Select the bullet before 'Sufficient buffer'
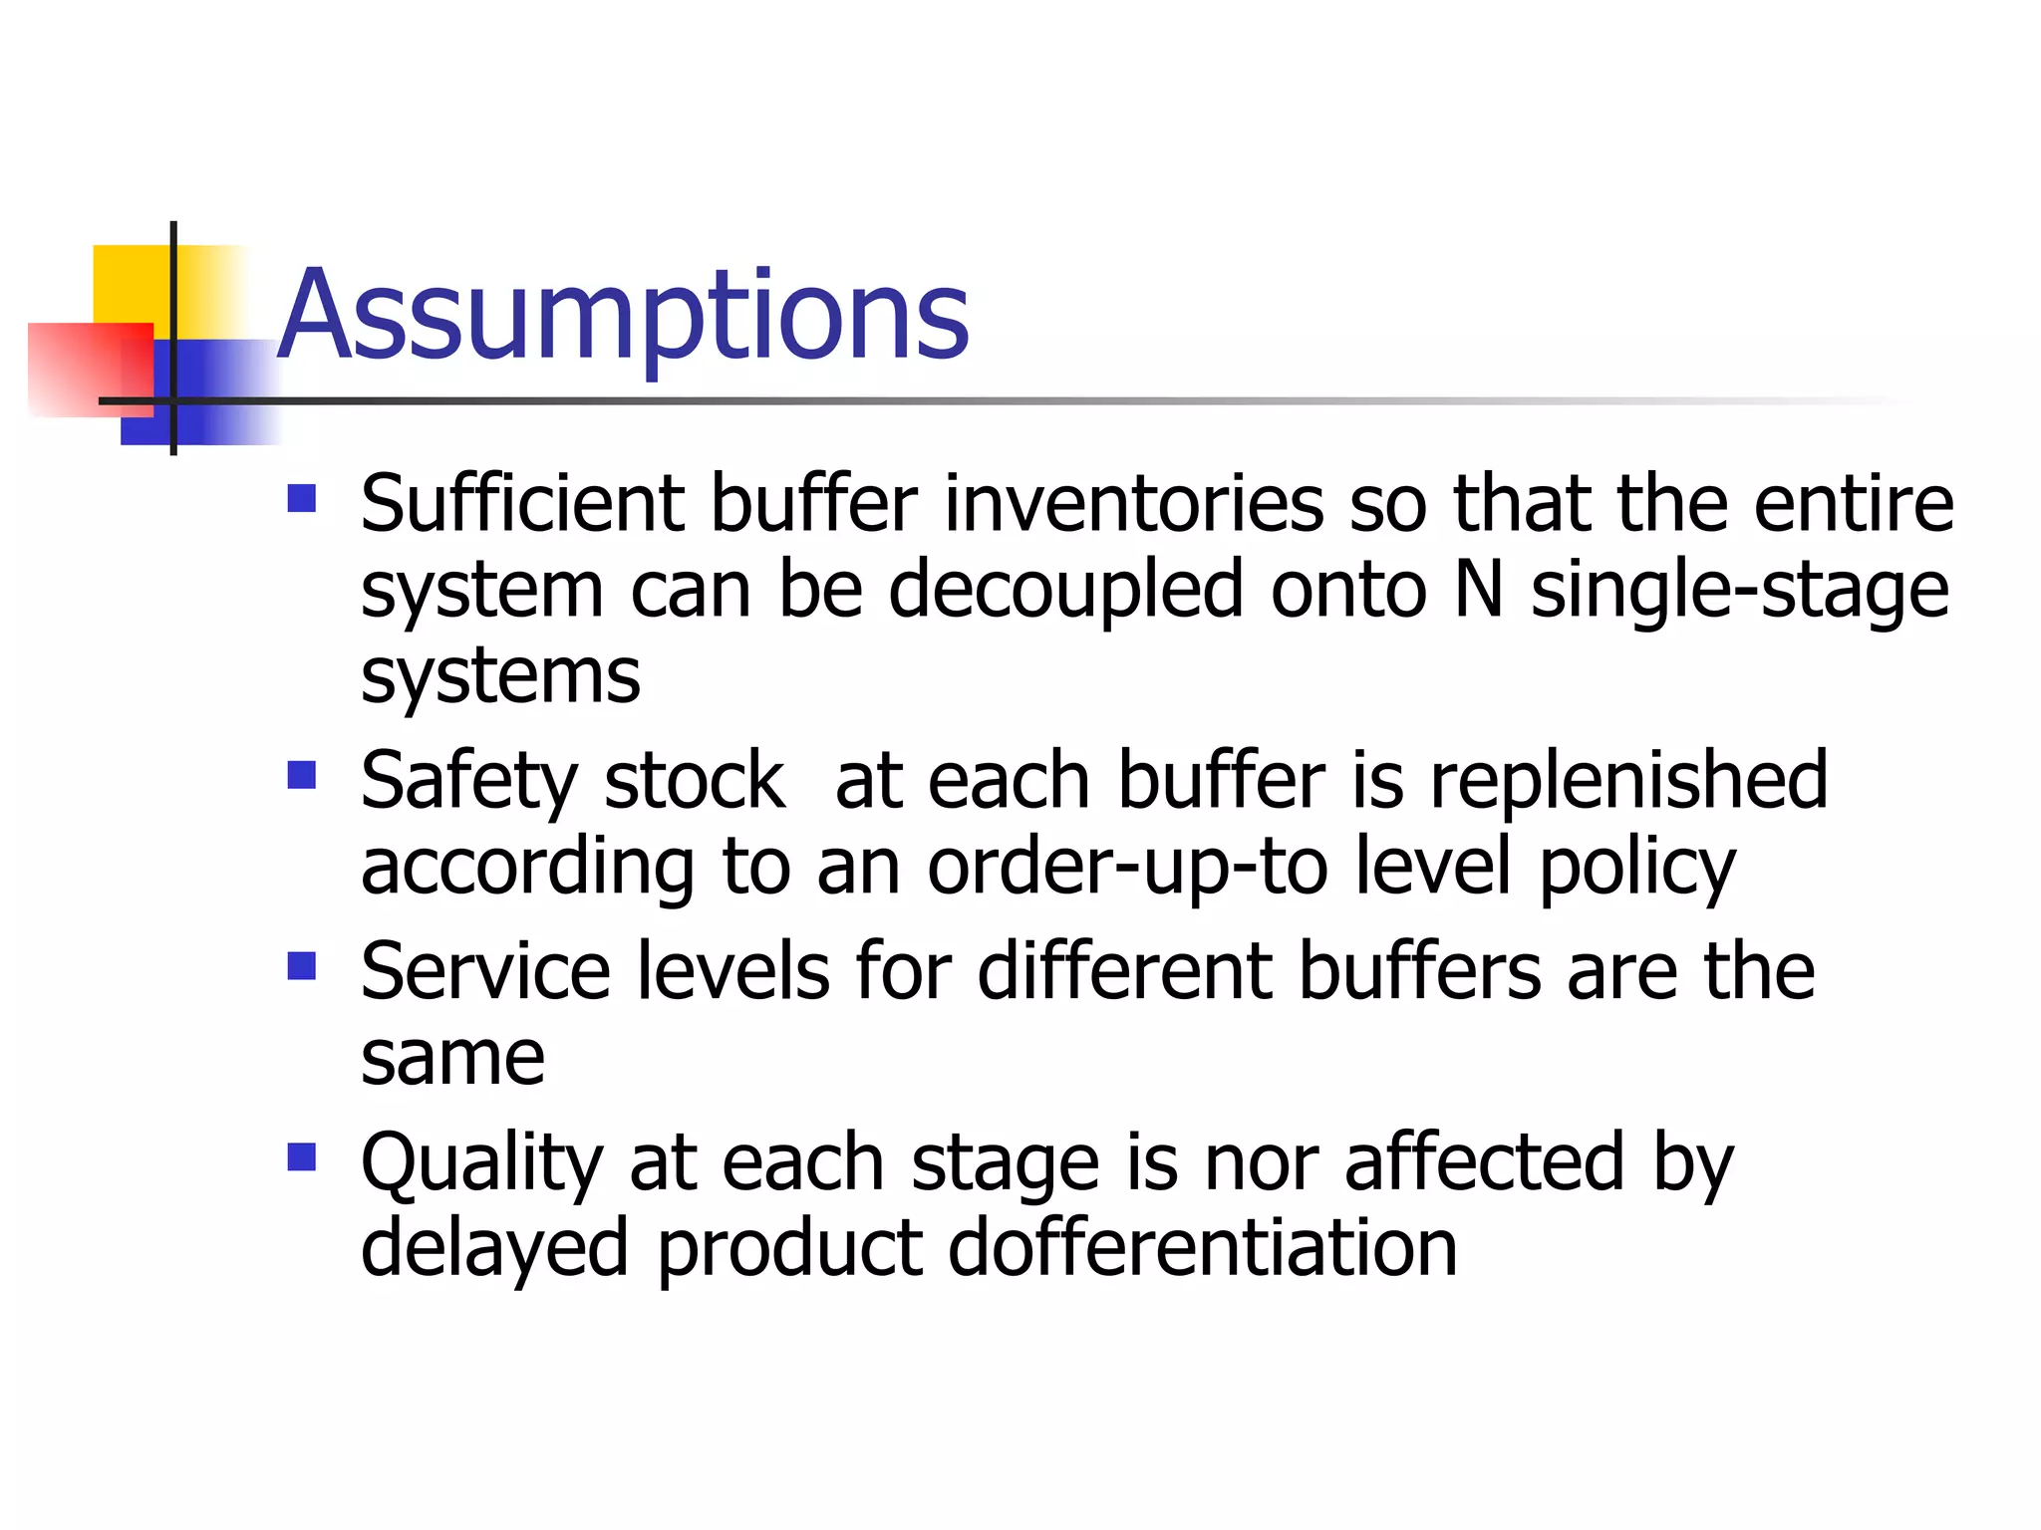tap(301, 498)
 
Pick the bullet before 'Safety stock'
tap(301, 775)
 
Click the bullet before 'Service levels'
tap(301, 966)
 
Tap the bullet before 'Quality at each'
tap(301, 1157)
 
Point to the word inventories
tap(1134, 504)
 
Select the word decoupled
tap(1065, 590)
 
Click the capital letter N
tap(1479, 590)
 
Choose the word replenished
tap(1628, 781)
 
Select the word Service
tap(485, 972)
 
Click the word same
tap(452, 1058)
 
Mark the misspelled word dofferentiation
tap(1202, 1249)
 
